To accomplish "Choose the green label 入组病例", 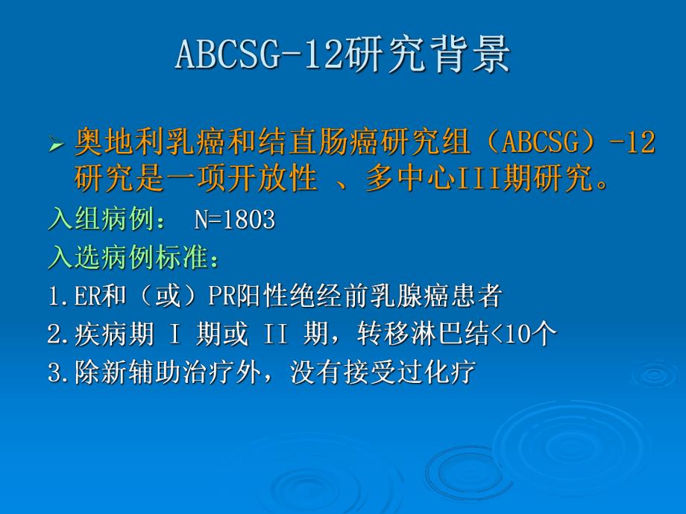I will click(95, 220).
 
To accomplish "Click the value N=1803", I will click(235, 220).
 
